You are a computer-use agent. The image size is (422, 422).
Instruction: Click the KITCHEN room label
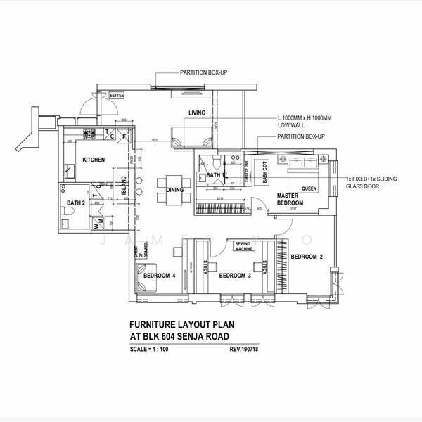click(94, 160)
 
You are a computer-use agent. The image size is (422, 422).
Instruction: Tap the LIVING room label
click(196, 113)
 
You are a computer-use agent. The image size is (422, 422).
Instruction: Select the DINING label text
click(175, 190)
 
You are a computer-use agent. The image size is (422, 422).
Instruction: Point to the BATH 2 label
click(75, 204)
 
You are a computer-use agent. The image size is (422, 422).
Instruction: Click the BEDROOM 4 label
click(159, 276)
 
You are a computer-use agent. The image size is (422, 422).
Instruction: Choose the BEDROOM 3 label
click(235, 276)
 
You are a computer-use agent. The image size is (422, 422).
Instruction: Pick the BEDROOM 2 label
click(307, 256)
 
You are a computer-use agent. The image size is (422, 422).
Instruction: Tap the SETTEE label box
click(116, 95)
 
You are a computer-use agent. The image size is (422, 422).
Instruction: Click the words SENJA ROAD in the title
click(213, 337)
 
